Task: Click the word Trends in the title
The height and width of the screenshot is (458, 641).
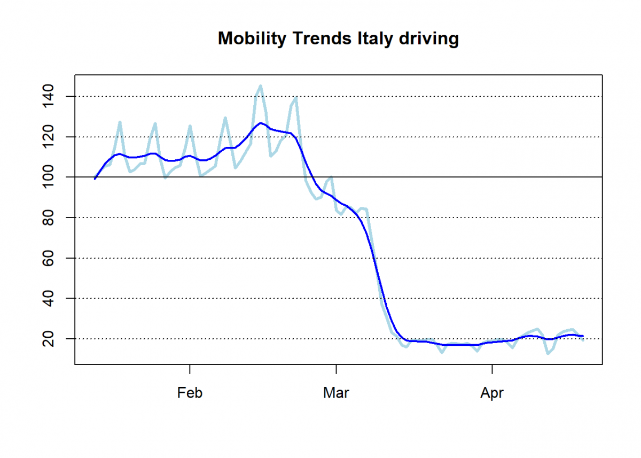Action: click(x=316, y=39)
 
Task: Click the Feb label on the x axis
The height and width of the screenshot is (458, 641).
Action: click(x=190, y=393)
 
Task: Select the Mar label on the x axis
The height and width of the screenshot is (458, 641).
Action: click(x=336, y=393)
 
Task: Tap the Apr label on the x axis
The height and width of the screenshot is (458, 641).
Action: click(x=491, y=393)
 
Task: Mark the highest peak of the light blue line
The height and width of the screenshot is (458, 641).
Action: click(x=260, y=86)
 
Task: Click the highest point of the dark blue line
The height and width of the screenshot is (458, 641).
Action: click(x=260, y=123)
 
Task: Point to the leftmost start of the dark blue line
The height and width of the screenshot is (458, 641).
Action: click(x=95, y=178)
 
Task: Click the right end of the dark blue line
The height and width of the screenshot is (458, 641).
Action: click(x=583, y=336)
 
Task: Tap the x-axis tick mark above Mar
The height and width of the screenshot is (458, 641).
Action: click(x=336, y=368)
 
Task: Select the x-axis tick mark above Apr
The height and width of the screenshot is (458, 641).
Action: click(x=491, y=368)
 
